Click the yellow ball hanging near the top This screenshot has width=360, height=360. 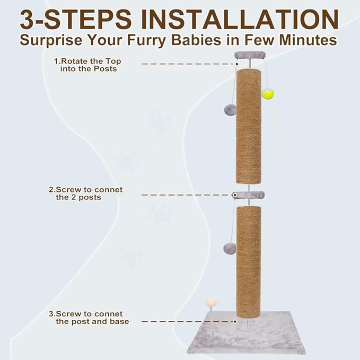click(268, 94)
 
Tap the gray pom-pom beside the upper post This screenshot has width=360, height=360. click(230, 110)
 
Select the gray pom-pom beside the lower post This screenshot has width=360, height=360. click(229, 248)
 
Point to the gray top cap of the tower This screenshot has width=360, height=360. click(249, 55)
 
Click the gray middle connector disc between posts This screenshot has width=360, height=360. click(248, 195)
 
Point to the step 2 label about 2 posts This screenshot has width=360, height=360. click(85, 194)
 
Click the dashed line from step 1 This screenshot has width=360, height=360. click(186, 63)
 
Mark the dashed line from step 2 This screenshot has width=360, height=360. click(186, 195)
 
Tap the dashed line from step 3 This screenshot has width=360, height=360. click(186, 321)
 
